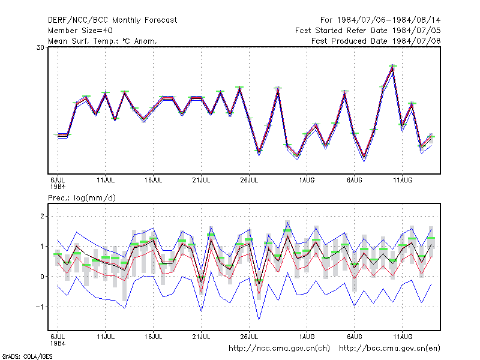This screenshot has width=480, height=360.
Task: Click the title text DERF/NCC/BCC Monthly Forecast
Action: click(x=112, y=20)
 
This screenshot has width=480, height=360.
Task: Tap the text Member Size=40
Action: click(x=80, y=31)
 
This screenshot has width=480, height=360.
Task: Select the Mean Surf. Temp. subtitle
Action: click(x=102, y=41)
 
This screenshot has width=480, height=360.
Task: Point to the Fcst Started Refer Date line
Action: click(x=368, y=31)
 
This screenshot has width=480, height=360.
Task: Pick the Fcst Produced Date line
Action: click(x=376, y=41)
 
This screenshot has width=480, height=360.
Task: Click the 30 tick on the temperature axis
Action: click(x=40, y=47)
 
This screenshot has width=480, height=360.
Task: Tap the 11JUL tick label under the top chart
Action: click(x=106, y=180)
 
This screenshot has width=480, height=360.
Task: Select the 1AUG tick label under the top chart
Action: click(x=307, y=180)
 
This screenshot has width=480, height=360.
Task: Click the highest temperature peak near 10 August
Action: click(x=393, y=66)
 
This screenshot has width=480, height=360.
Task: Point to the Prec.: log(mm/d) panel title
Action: click(x=82, y=198)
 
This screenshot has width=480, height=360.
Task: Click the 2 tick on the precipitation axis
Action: click(x=42, y=217)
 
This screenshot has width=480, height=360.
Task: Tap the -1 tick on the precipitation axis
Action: click(x=40, y=307)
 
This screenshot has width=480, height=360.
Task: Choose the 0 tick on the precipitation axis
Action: click(x=42, y=277)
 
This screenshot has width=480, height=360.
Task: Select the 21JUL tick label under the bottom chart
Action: click(x=201, y=337)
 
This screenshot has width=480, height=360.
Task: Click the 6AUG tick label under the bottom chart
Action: click(x=355, y=337)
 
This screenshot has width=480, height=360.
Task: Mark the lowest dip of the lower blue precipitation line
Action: click(x=259, y=319)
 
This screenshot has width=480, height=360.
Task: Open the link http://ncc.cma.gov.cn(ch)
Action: click(x=279, y=349)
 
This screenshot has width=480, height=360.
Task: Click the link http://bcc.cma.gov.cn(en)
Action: click(x=389, y=349)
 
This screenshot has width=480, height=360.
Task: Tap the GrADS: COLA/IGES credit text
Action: click(x=27, y=356)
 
